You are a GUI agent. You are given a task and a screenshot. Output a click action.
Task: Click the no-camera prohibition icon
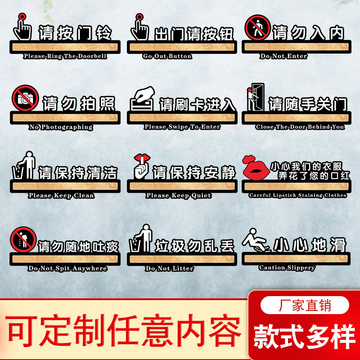[x=25, y=98]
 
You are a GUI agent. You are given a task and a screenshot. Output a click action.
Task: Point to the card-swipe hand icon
[x=143, y=98]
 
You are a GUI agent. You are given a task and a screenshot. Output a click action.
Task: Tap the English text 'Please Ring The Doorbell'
[x=65, y=56]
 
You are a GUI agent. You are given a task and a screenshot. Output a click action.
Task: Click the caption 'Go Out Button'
[x=167, y=56]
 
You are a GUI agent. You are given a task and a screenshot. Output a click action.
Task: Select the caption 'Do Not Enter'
[x=283, y=56]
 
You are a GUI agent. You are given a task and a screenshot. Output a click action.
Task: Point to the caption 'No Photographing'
[x=61, y=127]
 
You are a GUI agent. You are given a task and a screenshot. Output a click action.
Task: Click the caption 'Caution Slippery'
[x=287, y=268]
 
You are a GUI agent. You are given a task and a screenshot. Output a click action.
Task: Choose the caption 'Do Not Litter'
[x=170, y=268]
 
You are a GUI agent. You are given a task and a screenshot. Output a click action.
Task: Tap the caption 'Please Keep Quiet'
[x=178, y=196]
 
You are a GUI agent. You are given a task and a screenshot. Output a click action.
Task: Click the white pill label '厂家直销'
[x=305, y=306]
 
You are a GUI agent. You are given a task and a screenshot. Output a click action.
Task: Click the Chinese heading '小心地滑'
[x=311, y=245]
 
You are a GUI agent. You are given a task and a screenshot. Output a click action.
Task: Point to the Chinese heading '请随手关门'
[x=308, y=104]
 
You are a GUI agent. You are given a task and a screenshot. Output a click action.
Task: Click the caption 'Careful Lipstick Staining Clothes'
[x=297, y=195]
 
